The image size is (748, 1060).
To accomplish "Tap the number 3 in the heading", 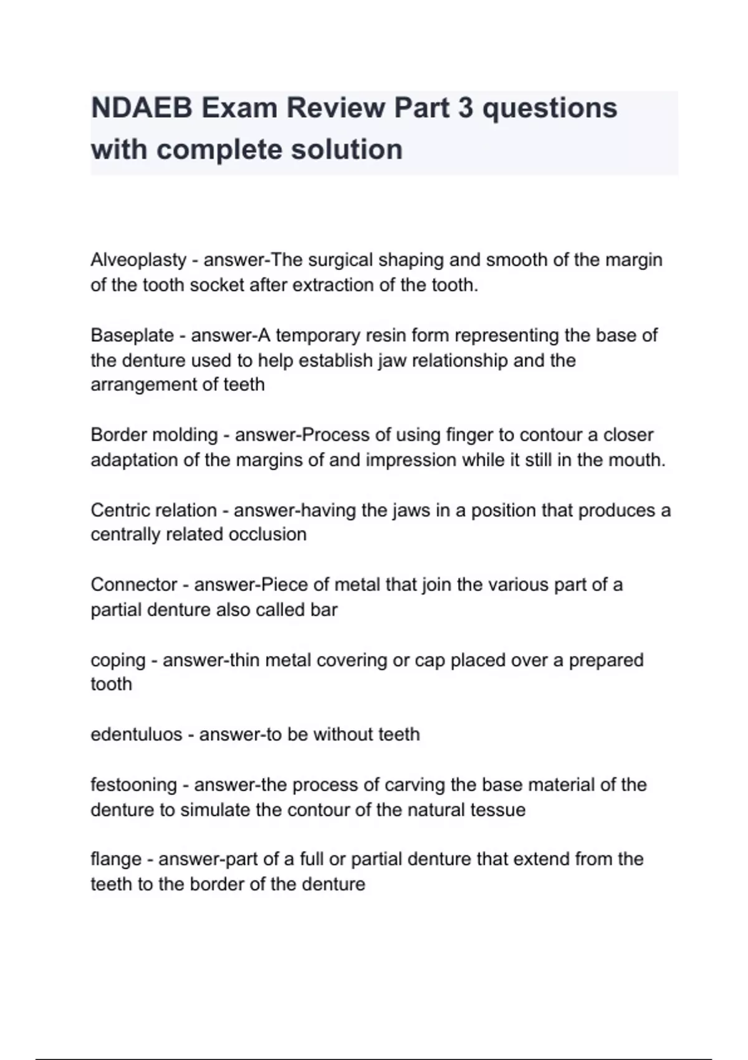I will point(465,108).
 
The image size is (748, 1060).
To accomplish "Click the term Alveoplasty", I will point(138,260).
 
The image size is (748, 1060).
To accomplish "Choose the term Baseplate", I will point(132,335).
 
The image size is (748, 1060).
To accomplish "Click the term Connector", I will point(134,585).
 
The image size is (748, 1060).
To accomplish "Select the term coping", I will point(118,660).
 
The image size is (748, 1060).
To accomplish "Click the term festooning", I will point(134,784).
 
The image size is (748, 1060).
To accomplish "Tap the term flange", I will point(116,859).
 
